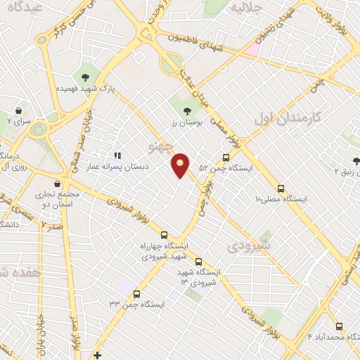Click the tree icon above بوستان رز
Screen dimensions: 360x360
186,110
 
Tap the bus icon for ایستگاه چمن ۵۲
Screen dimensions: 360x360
226,157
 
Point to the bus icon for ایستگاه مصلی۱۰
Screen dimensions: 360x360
281,188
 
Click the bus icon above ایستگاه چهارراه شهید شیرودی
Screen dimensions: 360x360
164,235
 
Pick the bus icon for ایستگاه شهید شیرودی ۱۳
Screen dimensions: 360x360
198,260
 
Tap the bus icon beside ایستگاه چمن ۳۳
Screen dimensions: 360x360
136,294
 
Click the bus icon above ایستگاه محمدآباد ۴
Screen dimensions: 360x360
340,326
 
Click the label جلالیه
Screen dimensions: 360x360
247,8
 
